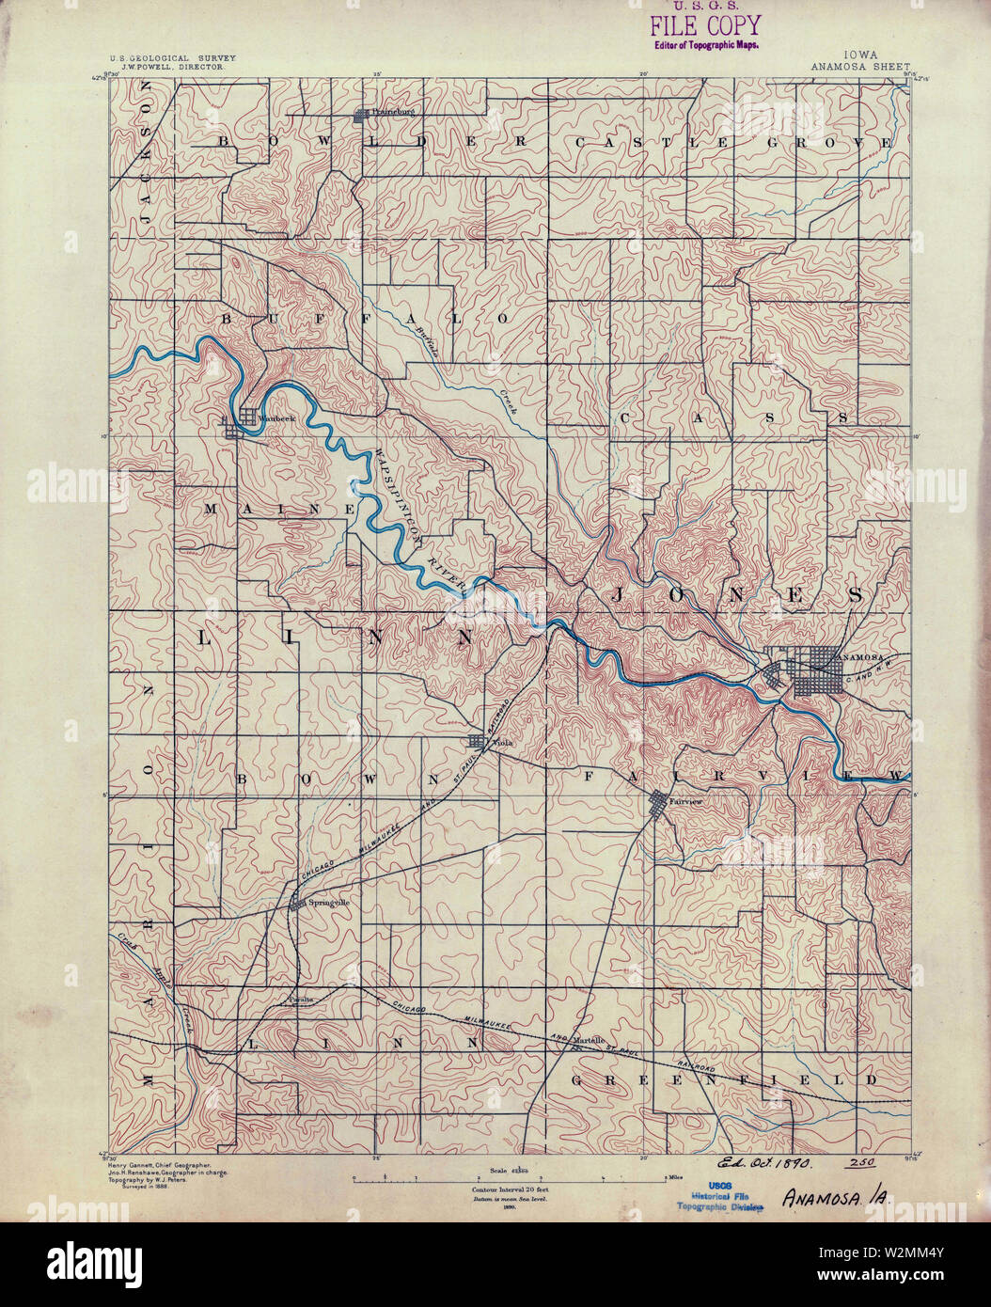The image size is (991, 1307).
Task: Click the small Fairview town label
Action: [686, 801]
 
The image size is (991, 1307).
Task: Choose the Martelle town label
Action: [589, 1039]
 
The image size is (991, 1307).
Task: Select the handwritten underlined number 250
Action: [859, 1164]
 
